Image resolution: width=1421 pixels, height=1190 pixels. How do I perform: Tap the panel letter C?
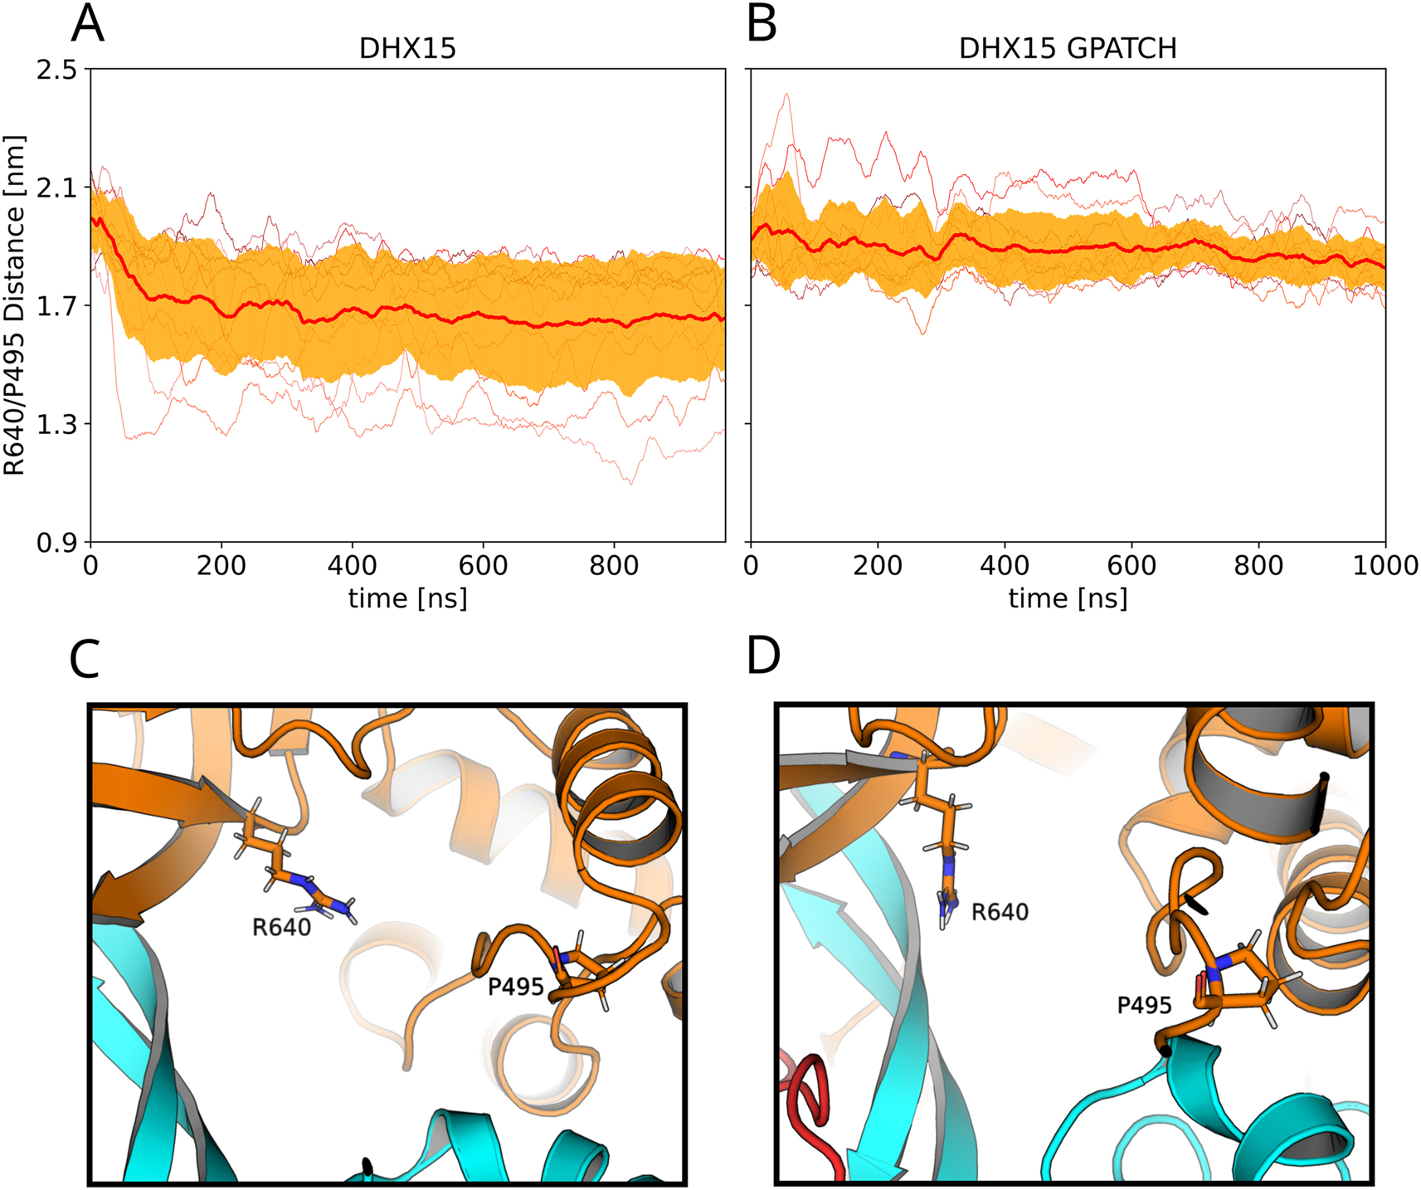point(85,660)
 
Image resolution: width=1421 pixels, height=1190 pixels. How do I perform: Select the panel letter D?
point(763,656)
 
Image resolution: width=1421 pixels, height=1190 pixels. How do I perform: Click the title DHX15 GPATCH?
point(1068,49)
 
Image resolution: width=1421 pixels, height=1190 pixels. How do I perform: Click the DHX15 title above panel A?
point(407,49)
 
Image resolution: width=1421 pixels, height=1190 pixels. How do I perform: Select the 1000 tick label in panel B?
point(1385,566)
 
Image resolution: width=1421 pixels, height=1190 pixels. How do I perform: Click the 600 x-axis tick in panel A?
point(483,566)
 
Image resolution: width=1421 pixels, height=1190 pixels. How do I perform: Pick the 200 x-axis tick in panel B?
point(878,566)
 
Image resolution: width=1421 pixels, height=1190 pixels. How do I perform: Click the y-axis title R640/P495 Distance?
point(15,305)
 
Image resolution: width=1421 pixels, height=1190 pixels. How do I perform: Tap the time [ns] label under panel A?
point(407,598)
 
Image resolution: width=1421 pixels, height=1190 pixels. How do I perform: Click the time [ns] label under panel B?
point(1068,598)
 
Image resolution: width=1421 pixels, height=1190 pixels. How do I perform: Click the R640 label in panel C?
point(281,928)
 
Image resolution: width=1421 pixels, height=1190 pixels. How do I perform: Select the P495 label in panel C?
point(515,987)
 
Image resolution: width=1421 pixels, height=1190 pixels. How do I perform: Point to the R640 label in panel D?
point(1000,913)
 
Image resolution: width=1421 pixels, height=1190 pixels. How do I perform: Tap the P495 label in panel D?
point(1144,1006)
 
